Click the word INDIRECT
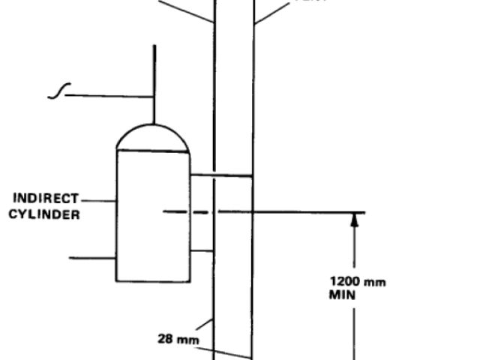(46, 199)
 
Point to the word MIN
(340, 295)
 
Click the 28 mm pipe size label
(174, 338)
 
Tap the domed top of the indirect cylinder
(154, 138)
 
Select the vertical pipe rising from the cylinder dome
(154, 82)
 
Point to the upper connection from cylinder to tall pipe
(220, 176)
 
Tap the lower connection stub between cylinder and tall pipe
(202, 250)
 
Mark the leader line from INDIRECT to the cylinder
(97, 200)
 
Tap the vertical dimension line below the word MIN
(353, 330)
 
